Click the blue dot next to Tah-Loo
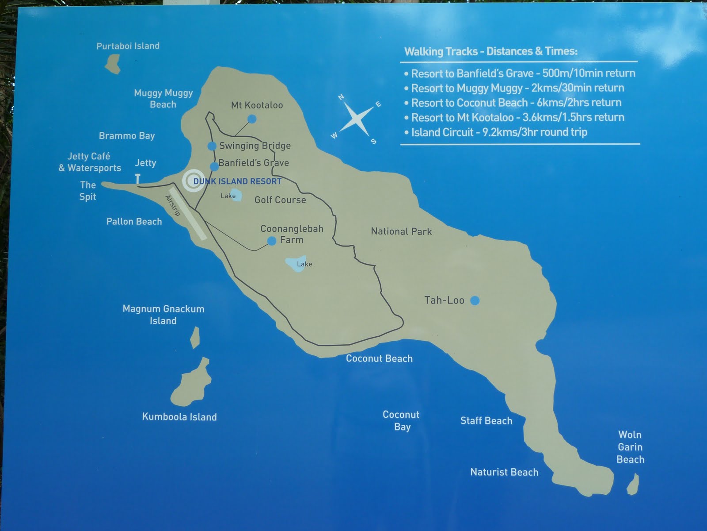[x=475, y=301]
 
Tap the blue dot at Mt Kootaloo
[x=252, y=119]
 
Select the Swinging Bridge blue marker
[x=212, y=146]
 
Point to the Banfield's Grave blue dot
[x=214, y=166]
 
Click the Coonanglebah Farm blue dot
[x=272, y=241]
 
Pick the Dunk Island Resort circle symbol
[x=194, y=181]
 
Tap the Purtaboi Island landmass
[x=114, y=64]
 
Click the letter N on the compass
[x=341, y=97]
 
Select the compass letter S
[x=374, y=142]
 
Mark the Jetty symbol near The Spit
[x=138, y=179]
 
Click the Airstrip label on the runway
[x=173, y=205]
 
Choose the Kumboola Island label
[x=179, y=417]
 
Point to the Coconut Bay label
[x=401, y=420]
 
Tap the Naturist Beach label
[x=504, y=472]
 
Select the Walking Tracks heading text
[x=491, y=51]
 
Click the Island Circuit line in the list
[x=499, y=132]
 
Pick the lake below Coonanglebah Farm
[x=296, y=264]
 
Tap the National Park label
[x=401, y=231]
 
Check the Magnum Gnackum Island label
[x=163, y=315]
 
